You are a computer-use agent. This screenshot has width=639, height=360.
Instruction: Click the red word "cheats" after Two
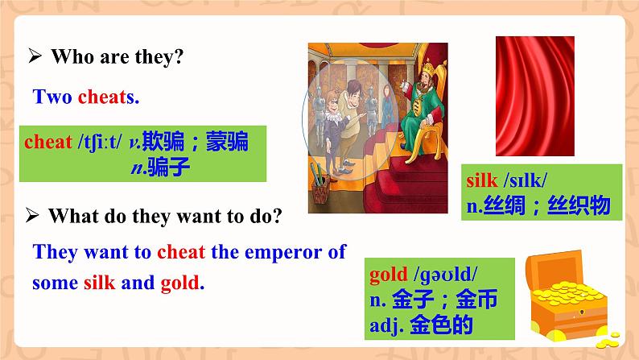click(x=109, y=97)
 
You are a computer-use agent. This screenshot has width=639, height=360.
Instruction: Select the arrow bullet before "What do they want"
click(x=32, y=215)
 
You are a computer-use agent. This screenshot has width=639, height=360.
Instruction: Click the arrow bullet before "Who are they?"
click(x=35, y=56)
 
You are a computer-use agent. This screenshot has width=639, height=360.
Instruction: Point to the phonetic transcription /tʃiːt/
click(x=100, y=142)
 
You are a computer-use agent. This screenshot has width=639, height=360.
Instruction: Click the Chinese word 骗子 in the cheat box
click(x=169, y=168)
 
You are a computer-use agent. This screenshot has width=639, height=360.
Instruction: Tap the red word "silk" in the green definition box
click(x=482, y=180)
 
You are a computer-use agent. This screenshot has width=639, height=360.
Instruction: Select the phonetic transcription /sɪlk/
click(x=526, y=180)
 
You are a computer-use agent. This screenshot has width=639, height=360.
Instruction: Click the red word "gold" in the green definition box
click(x=389, y=275)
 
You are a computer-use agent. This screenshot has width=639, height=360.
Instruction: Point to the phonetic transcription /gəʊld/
click(x=445, y=275)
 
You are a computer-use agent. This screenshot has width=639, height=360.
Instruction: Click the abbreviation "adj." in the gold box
click(x=387, y=325)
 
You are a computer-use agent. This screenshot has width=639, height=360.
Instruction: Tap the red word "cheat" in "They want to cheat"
click(x=181, y=252)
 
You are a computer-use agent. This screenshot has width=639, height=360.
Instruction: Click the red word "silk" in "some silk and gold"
click(x=100, y=282)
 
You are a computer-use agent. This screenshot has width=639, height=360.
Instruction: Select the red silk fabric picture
click(x=534, y=96)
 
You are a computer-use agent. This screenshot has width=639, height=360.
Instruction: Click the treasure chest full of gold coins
click(x=568, y=298)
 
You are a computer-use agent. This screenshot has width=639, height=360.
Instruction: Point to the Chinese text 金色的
click(x=441, y=325)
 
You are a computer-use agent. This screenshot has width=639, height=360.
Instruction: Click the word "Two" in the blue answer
click(x=52, y=97)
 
